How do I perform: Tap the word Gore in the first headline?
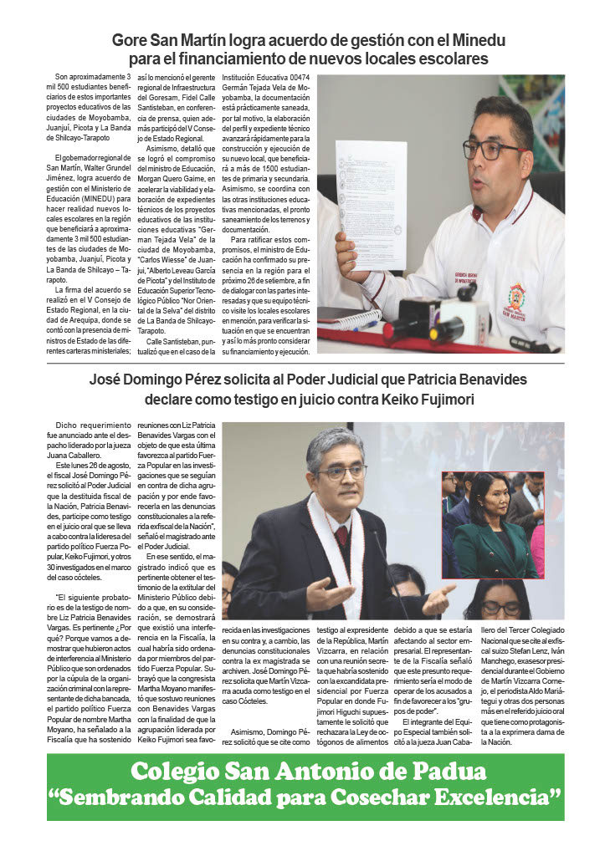click(132, 40)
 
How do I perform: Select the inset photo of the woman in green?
click(493, 525)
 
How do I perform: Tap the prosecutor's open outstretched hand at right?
click(436, 600)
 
